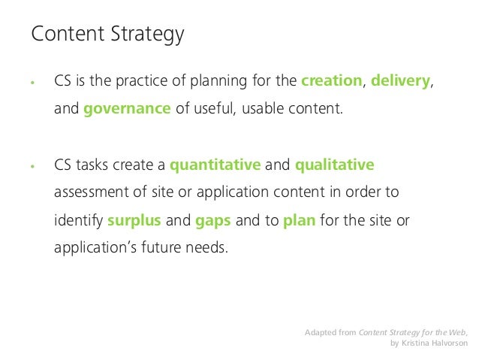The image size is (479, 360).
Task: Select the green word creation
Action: tap(330, 81)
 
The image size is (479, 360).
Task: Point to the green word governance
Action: tap(127, 108)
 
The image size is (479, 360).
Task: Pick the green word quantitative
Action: tap(215, 165)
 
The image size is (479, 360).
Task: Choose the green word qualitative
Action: tap(334, 165)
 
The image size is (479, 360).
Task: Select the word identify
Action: tap(78, 219)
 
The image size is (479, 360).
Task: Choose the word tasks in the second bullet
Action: tap(92, 165)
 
